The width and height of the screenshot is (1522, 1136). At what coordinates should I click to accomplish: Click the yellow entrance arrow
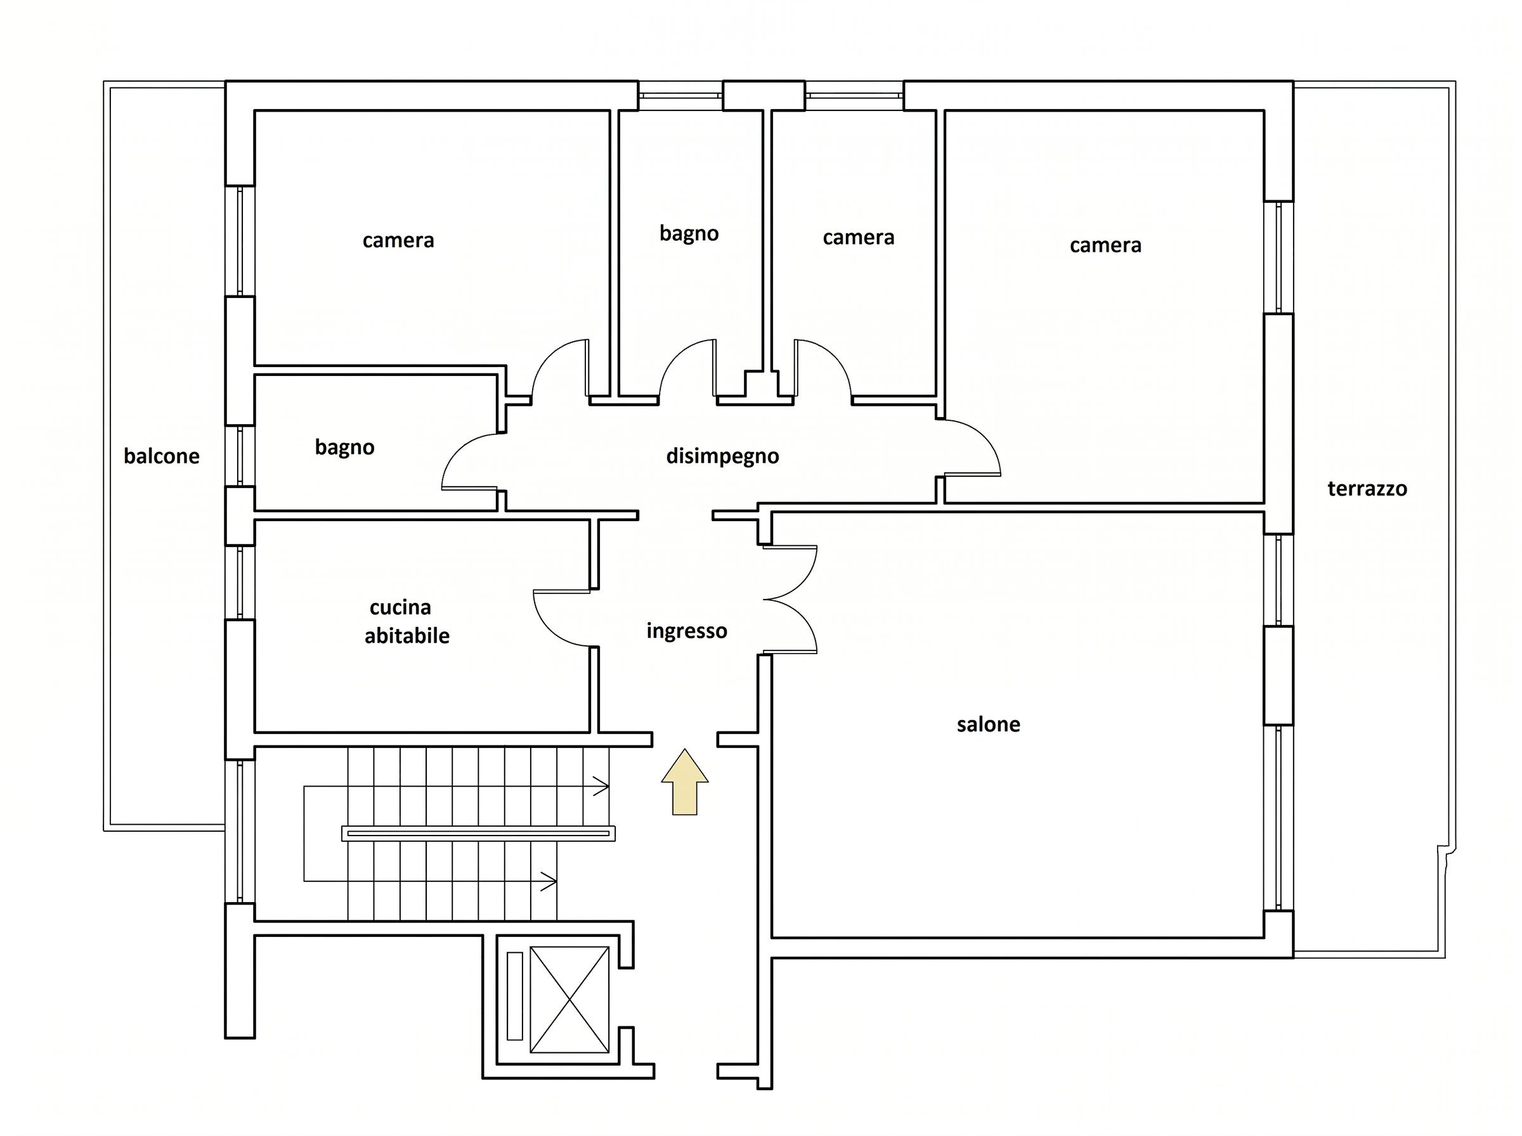(684, 782)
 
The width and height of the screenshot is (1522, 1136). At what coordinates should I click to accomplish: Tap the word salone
(988, 724)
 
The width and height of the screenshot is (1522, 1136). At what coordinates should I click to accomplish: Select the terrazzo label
(1367, 489)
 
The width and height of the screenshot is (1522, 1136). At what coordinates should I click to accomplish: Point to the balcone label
(162, 456)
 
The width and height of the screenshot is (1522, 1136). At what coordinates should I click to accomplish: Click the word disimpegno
(722, 456)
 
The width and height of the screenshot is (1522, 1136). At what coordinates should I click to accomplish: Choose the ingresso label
(686, 631)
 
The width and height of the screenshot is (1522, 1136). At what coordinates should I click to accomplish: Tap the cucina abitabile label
(407, 622)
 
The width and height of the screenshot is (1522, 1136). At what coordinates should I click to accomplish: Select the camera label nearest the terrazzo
(1105, 245)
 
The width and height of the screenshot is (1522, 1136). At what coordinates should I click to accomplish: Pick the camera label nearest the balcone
(398, 241)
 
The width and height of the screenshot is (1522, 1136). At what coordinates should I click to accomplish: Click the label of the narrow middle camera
(858, 238)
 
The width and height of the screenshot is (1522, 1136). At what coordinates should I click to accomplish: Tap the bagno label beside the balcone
(344, 448)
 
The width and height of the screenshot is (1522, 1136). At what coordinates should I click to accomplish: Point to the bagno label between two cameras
(689, 234)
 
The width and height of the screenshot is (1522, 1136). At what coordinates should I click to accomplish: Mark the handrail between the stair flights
(478, 834)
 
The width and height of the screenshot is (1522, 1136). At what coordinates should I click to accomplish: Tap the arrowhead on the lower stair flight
(549, 882)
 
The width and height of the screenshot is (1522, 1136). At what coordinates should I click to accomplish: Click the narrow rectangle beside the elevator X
(514, 996)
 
